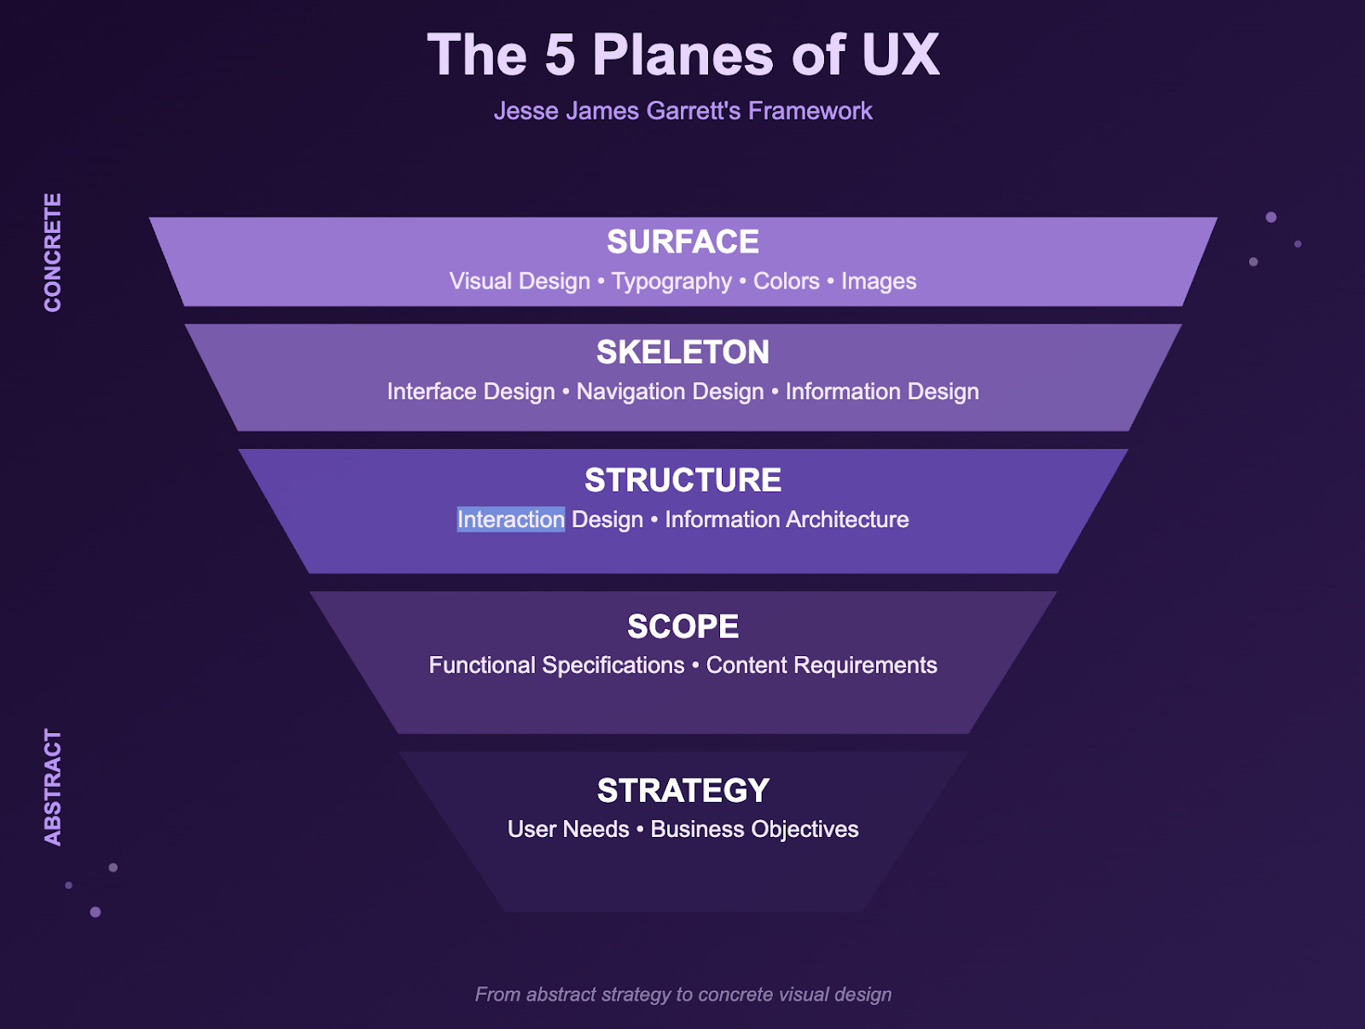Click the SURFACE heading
pyautogui.click(x=682, y=242)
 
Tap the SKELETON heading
pyautogui.click(x=682, y=352)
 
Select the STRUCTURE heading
pyautogui.click(x=682, y=480)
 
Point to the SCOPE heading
pyautogui.click(x=682, y=627)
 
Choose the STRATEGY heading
pyautogui.click(x=682, y=791)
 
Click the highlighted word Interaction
pyautogui.click(x=510, y=520)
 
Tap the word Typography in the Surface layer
pyautogui.click(x=671, y=282)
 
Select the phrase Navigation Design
pyautogui.click(x=670, y=392)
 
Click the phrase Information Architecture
pyautogui.click(x=787, y=520)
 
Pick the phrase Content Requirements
pyautogui.click(x=822, y=666)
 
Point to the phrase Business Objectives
pyautogui.click(x=754, y=829)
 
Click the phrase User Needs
pyautogui.click(x=568, y=829)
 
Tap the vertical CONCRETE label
pyautogui.click(x=53, y=253)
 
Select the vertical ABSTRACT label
pyautogui.click(x=53, y=788)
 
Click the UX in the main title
pyautogui.click(x=900, y=55)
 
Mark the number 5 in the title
pyautogui.click(x=560, y=55)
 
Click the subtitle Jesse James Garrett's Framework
pyautogui.click(x=682, y=111)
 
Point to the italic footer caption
pyautogui.click(x=682, y=995)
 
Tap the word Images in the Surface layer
pyautogui.click(x=879, y=282)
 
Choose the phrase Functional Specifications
pyautogui.click(x=556, y=666)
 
